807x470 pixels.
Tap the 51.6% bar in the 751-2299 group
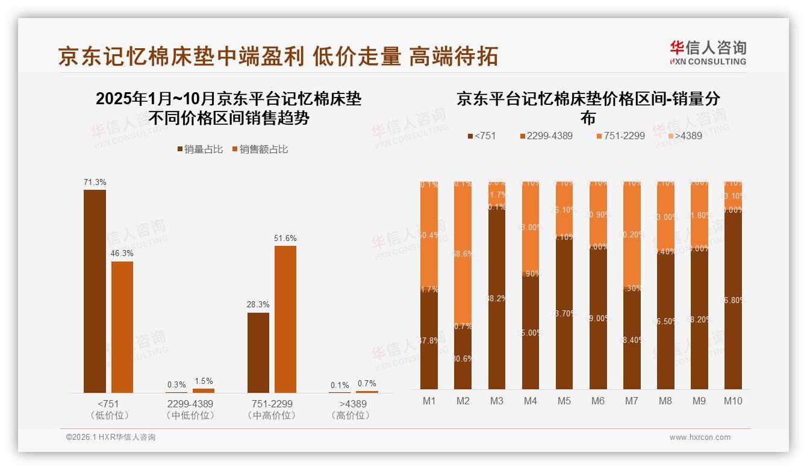point(285,319)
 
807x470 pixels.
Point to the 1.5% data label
point(204,381)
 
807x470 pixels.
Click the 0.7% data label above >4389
point(366,383)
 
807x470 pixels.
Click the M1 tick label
point(429,401)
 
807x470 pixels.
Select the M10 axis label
point(733,401)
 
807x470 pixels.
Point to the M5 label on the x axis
point(564,401)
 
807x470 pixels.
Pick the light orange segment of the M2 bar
point(463,253)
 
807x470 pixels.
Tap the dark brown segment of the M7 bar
point(632,340)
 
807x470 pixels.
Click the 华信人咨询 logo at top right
point(708,52)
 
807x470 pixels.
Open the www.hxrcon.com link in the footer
point(700,437)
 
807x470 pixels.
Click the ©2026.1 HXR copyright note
point(111,437)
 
